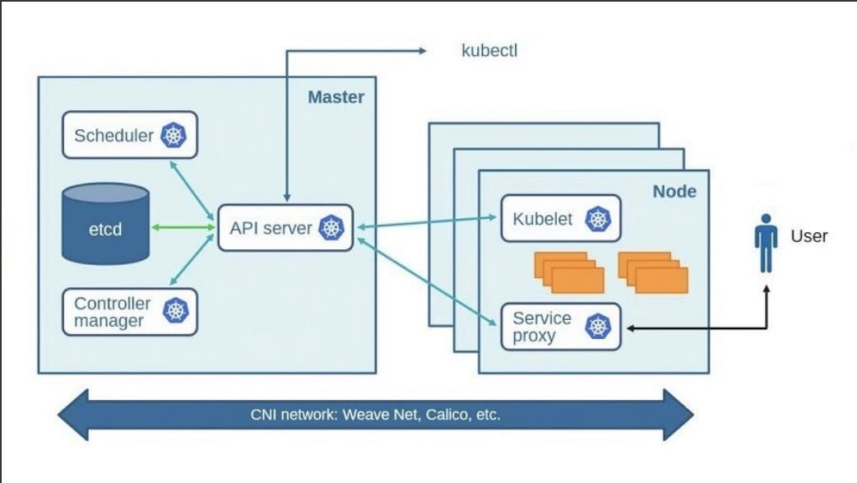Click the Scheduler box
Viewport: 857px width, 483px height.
[x=130, y=136]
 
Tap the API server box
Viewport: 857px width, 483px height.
[x=285, y=228]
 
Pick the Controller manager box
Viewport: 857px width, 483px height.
[x=130, y=312]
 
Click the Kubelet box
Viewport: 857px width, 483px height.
[x=560, y=219]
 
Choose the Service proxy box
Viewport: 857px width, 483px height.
[x=560, y=327]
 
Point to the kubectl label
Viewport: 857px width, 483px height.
[x=489, y=51]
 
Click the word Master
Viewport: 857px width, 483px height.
[x=336, y=97]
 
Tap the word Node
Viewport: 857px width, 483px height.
[x=674, y=192]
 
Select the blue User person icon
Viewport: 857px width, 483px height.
[x=767, y=242]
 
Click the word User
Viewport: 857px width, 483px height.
[x=808, y=236]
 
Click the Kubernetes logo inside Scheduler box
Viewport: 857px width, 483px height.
[x=174, y=136]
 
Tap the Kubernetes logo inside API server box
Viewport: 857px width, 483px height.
[x=331, y=228]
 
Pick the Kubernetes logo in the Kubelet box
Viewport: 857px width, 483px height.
[x=597, y=219]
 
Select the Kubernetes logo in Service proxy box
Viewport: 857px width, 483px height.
[x=598, y=327]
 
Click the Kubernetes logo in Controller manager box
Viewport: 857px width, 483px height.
[x=175, y=312]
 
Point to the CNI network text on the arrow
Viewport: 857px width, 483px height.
[x=375, y=414]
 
